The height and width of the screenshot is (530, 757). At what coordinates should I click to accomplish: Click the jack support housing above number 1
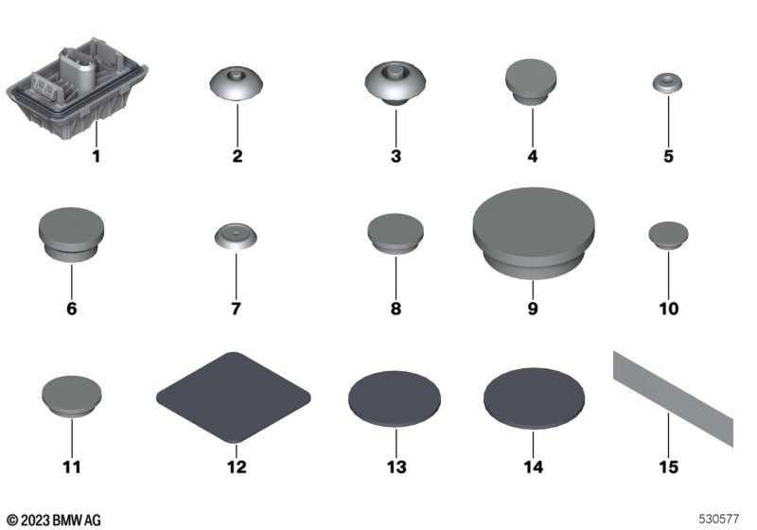pyautogui.click(x=78, y=89)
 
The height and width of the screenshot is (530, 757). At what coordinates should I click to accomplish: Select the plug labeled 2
pyautogui.click(x=237, y=83)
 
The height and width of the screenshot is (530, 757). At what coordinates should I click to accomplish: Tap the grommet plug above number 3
pyautogui.click(x=396, y=83)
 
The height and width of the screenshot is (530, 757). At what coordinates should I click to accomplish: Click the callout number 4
pyautogui.click(x=533, y=156)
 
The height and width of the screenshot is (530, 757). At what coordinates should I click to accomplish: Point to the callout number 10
pyautogui.click(x=669, y=309)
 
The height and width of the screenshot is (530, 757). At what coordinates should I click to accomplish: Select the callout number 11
pyautogui.click(x=72, y=467)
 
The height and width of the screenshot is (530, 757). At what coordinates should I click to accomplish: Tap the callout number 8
pyautogui.click(x=396, y=309)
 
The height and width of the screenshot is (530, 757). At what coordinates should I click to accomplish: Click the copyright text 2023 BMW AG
pyautogui.click(x=54, y=521)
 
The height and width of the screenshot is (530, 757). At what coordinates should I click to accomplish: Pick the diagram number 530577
pyautogui.click(x=719, y=519)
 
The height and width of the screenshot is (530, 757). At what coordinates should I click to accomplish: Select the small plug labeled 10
pyautogui.click(x=669, y=236)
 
